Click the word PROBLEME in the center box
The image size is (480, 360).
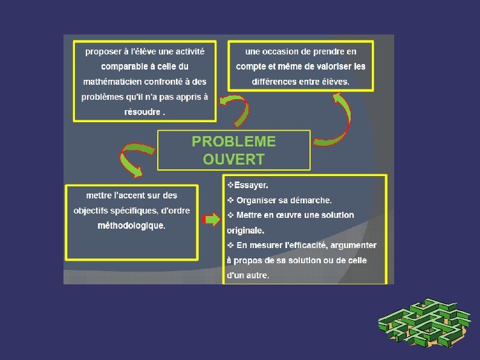pos(233,142)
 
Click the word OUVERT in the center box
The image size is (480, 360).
pos(233,159)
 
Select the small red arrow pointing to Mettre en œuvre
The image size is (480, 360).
pos(212,219)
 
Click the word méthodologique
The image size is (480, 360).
pos(131,226)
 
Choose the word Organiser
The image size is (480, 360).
pos(259,200)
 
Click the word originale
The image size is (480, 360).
pos(245,231)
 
